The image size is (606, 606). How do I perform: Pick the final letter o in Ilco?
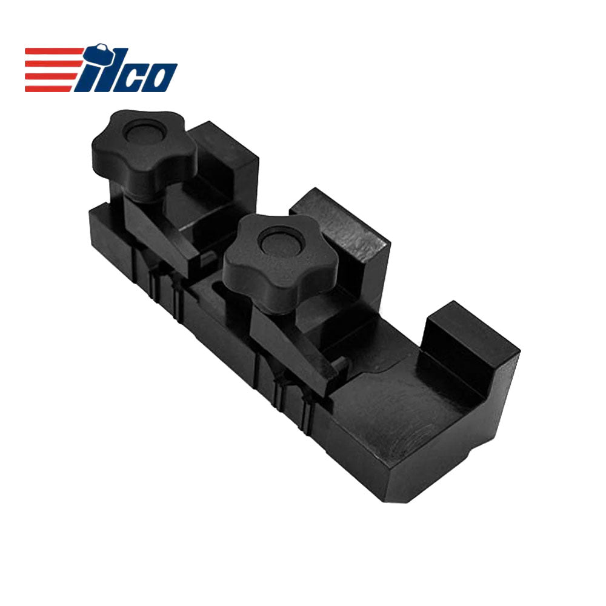click(x=161, y=78)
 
